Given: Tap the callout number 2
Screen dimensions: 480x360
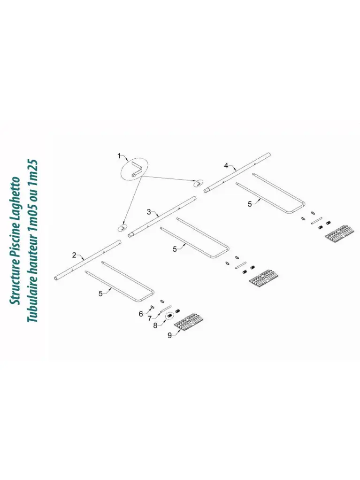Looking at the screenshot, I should point(74,255).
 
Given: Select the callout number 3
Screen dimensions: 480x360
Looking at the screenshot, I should point(149,212).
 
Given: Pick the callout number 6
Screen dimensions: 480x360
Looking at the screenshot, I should point(140,314).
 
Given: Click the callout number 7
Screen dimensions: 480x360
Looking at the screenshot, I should point(149,318).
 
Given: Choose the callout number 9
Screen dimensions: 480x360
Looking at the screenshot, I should point(169,335).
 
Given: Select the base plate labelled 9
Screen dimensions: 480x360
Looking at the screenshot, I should point(189,322).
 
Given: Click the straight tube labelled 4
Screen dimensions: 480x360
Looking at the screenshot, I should point(237,171).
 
